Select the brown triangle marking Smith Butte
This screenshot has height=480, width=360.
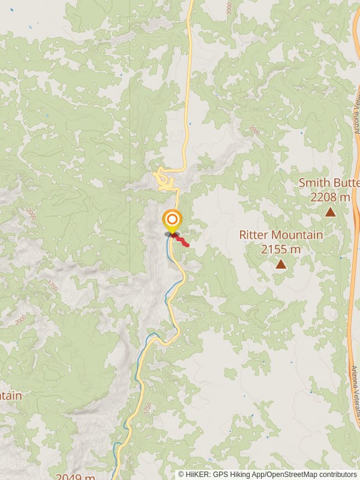point(330,211)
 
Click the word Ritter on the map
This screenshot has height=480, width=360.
point(256,235)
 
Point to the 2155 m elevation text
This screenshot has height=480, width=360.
point(280,249)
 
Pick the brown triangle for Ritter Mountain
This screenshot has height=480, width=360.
point(280,264)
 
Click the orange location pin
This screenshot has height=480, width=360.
point(172,221)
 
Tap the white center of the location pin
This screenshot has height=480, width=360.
point(172,219)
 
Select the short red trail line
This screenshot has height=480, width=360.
point(181,241)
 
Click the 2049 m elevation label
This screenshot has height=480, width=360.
point(76,477)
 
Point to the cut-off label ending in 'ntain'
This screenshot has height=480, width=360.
point(11,395)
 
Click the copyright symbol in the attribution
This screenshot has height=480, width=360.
point(181,475)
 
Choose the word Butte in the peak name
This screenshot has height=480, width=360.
point(347,182)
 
